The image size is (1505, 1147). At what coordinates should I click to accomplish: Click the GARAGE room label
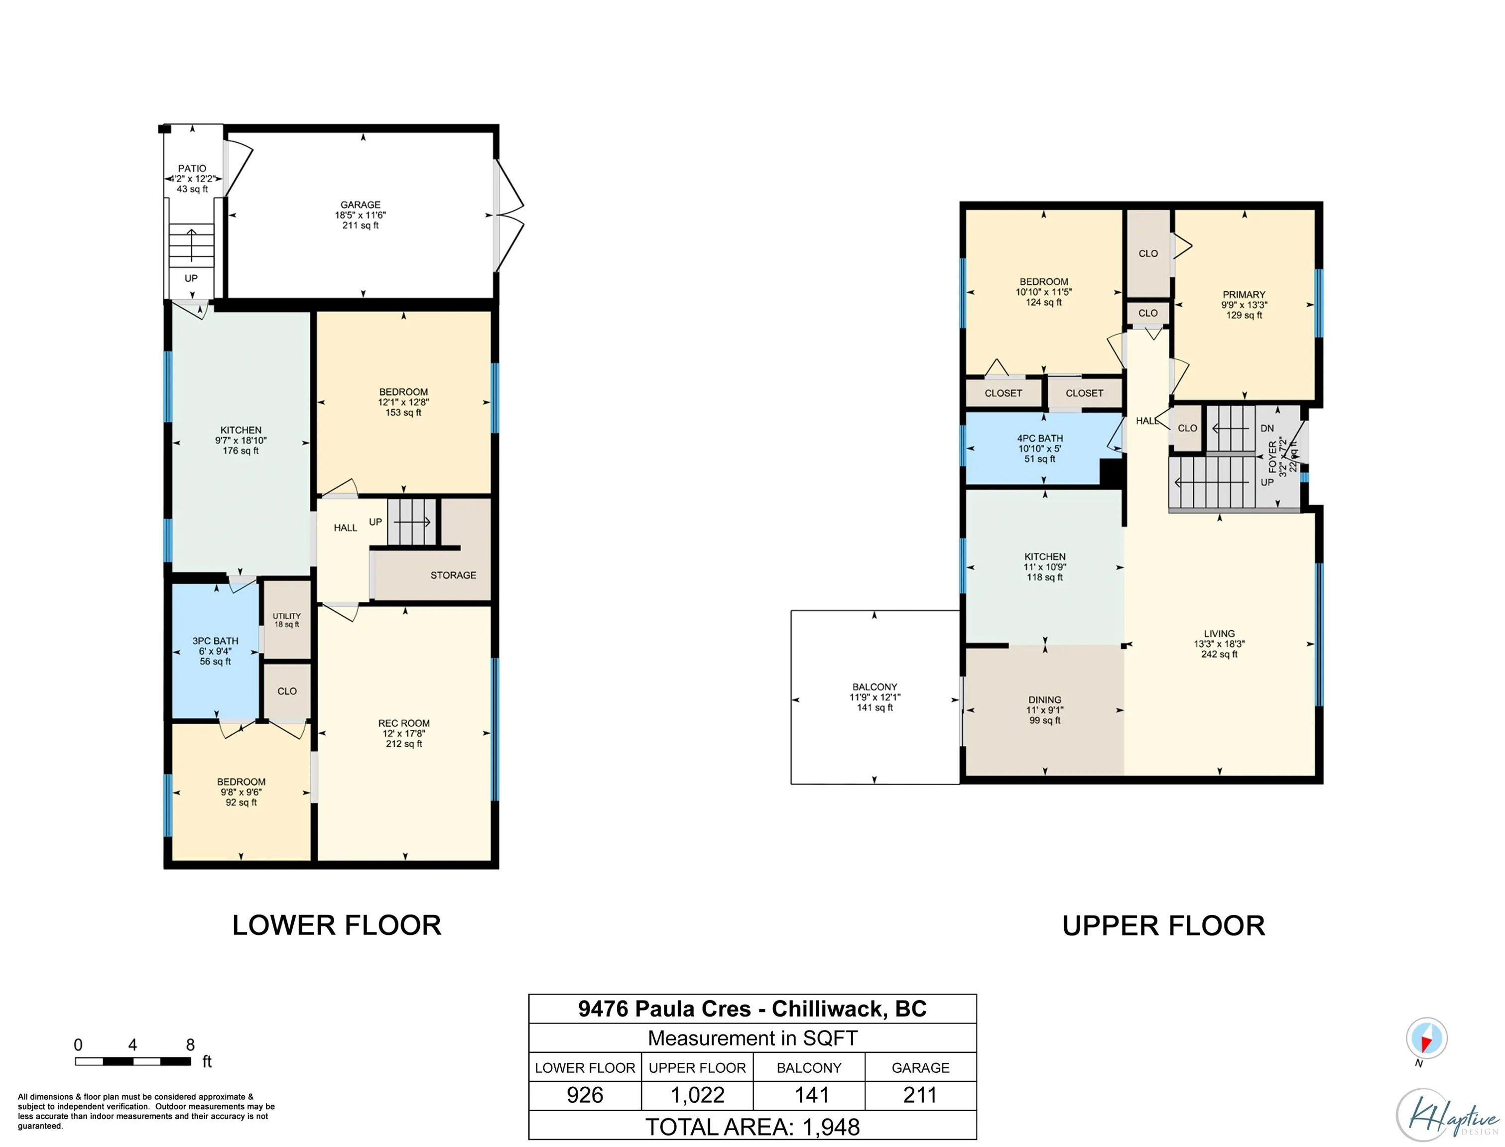click(361, 205)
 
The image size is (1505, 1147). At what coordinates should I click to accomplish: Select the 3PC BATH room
click(215, 651)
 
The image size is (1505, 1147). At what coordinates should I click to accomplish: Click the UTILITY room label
click(287, 616)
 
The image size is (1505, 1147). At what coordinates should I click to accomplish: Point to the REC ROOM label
click(404, 723)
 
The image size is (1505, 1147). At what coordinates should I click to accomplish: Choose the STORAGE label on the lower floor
click(453, 575)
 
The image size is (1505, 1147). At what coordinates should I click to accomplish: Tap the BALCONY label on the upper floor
click(875, 687)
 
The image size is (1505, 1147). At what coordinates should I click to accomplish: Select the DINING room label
click(1045, 700)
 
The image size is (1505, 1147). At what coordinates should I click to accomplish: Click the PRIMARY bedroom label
click(1244, 295)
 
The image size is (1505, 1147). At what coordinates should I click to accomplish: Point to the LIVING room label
click(1220, 634)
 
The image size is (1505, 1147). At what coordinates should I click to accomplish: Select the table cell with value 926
click(585, 1095)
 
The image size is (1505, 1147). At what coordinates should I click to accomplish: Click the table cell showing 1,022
click(697, 1095)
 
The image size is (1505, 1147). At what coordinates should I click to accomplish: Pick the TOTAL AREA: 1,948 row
click(752, 1127)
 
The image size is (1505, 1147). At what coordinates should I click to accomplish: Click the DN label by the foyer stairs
click(1266, 429)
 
